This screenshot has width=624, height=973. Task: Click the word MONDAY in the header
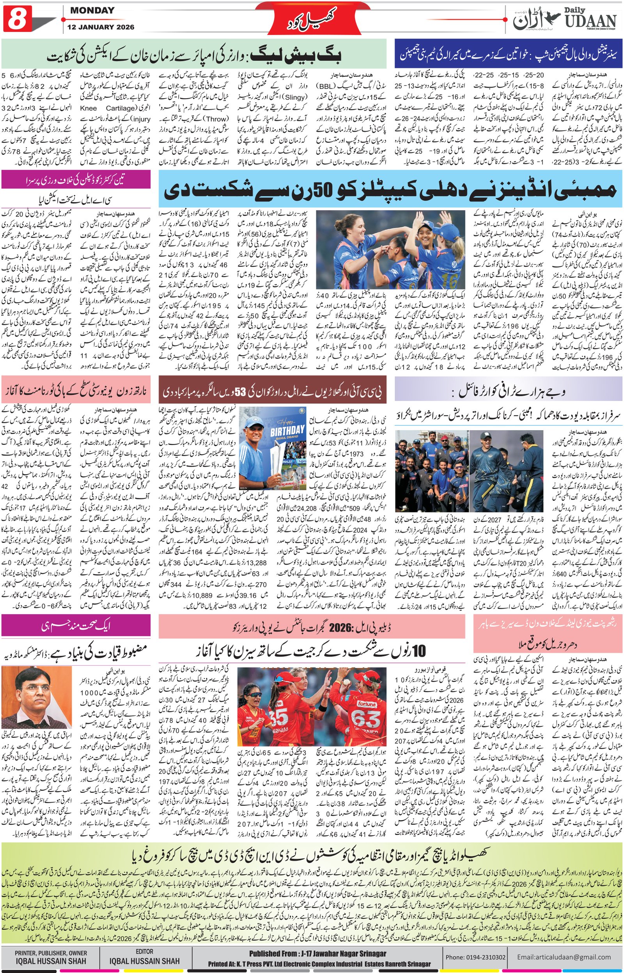(x=92, y=11)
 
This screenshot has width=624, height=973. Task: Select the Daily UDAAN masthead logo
(x=565, y=19)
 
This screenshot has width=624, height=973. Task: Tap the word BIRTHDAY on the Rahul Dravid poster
(x=287, y=430)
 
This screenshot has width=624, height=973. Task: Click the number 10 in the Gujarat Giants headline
(x=418, y=651)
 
